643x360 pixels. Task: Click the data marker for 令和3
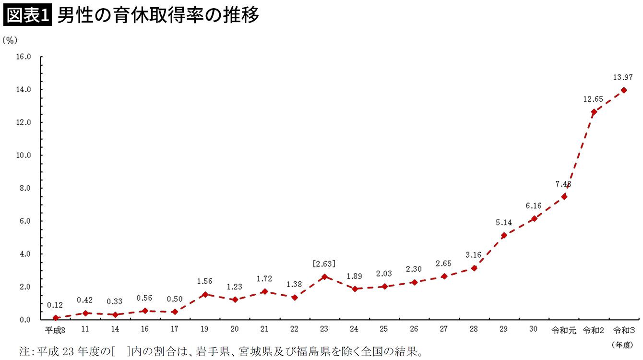[623, 90]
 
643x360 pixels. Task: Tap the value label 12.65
[593, 99]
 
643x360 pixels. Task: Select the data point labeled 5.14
[504, 235]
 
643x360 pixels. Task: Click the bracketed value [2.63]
[324, 264]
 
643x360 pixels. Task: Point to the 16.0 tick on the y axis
[23, 57]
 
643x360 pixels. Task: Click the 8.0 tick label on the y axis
[23, 188]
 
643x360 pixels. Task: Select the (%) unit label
[10, 40]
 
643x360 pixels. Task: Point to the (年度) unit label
[623, 344]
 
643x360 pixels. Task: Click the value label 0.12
[55, 305]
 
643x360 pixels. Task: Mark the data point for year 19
[205, 294]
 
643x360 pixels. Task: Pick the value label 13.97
[623, 77]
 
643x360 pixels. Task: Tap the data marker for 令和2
[594, 112]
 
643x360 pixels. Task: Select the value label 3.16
[474, 255]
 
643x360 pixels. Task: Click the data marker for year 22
[295, 297]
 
